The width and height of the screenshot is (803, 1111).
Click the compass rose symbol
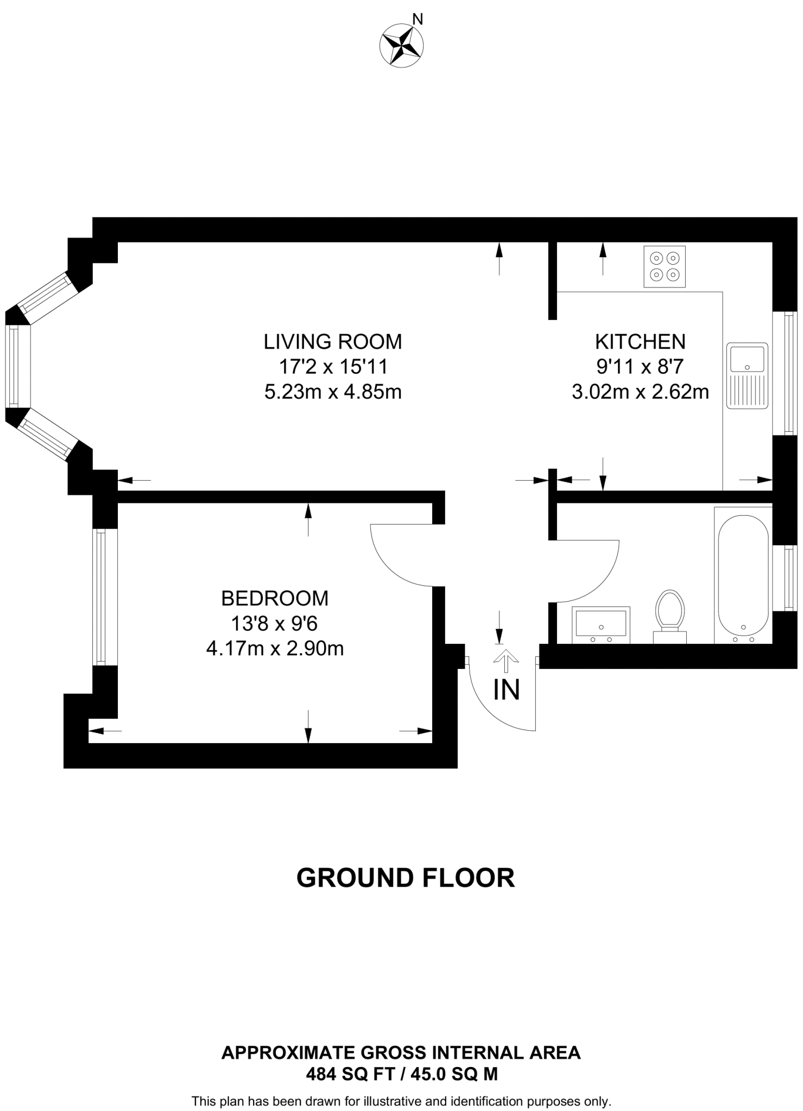[x=401, y=47]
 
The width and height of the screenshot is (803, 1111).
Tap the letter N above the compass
[x=417, y=20]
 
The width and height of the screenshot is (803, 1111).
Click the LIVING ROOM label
[x=332, y=342]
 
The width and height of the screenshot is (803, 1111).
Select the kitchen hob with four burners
[x=664, y=266]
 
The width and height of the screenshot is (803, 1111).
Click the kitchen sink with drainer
[x=747, y=375]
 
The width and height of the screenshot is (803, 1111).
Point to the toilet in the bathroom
[x=669, y=616]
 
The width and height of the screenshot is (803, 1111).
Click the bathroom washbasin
[x=601, y=624]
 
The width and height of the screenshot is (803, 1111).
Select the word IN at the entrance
[x=506, y=690]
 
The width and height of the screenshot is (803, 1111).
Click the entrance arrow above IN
[x=505, y=657]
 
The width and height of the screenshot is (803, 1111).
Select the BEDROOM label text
[x=275, y=598]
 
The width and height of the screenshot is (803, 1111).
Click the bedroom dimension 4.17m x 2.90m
[x=275, y=648]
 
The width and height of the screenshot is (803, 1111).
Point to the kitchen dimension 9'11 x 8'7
[x=640, y=367]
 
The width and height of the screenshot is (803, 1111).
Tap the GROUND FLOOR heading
[x=405, y=878]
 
